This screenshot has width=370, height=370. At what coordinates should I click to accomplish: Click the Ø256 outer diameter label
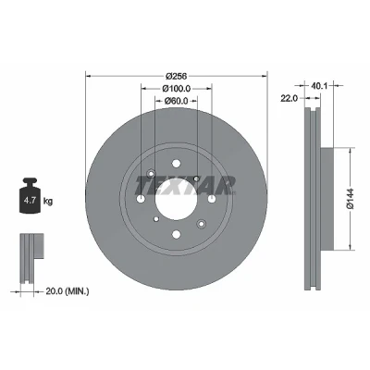(177, 76)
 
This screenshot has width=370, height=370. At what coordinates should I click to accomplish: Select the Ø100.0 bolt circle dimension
(177, 89)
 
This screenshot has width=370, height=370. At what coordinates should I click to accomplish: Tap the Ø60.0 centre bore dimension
(176, 101)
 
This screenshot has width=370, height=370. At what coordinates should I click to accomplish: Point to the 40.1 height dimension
(318, 86)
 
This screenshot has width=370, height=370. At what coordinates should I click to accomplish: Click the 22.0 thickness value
(289, 98)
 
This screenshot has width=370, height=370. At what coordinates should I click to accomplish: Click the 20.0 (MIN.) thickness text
(68, 290)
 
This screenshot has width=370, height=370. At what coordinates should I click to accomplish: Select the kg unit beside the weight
(48, 202)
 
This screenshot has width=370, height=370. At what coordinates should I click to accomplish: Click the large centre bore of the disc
(176, 199)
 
